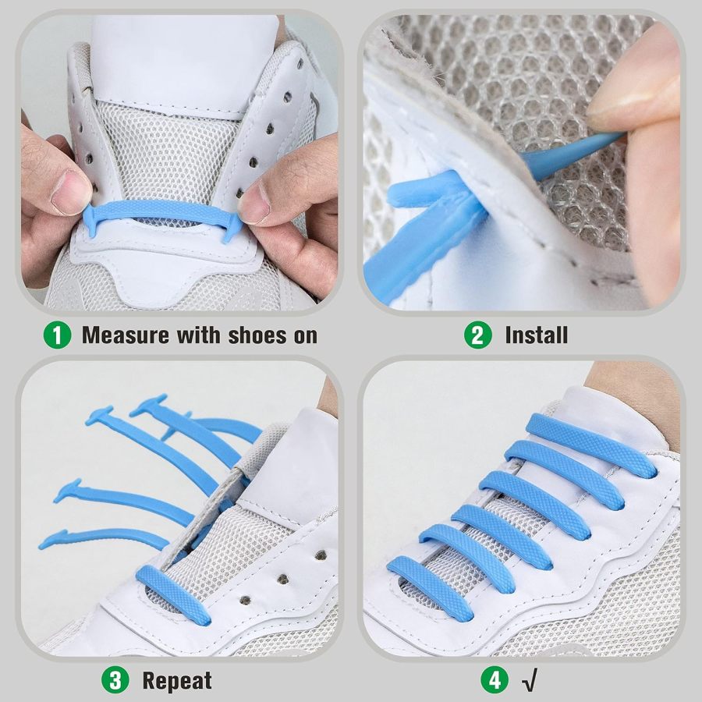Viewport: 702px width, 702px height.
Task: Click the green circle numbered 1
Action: [57, 335]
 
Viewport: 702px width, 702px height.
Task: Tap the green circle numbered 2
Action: [477, 335]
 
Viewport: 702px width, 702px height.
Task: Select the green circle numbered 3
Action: [115, 680]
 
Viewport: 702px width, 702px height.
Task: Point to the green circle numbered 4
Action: [494, 680]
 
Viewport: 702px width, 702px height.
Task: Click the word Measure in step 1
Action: [126, 335]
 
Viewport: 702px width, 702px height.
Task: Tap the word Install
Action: [536, 335]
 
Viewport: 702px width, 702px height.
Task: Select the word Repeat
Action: [177, 680]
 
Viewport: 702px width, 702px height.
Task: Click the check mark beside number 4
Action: [526, 681]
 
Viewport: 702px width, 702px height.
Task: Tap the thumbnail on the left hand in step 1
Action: [73, 191]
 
